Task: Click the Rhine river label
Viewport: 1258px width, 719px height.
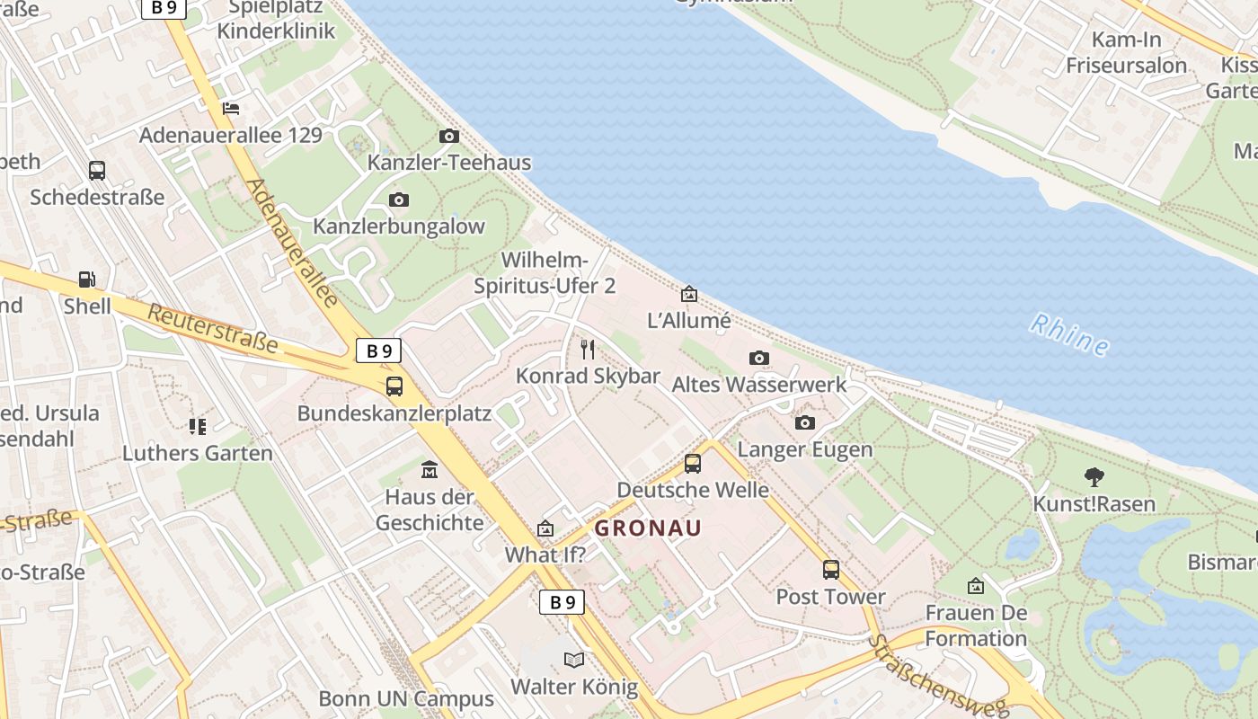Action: (1069, 333)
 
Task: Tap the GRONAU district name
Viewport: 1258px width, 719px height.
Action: (647, 528)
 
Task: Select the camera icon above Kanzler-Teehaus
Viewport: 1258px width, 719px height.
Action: (449, 137)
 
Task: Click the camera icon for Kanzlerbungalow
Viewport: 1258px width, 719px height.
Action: (399, 200)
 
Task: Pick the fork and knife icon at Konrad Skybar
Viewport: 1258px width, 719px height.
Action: (588, 349)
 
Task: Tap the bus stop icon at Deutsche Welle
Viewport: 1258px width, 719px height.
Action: (692, 464)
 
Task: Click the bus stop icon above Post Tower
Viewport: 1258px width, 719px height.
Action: (831, 569)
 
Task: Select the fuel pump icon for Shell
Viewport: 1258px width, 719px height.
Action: (87, 280)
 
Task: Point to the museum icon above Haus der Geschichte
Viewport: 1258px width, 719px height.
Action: (429, 469)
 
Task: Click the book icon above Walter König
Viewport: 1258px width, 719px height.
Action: (574, 661)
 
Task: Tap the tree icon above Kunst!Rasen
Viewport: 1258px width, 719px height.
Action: (1094, 477)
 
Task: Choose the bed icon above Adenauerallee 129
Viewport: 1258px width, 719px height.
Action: (231, 109)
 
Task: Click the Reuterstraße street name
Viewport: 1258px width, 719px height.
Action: (212, 328)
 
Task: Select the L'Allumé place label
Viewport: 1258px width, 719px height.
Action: (689, 321)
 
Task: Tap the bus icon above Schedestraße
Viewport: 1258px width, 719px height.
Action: (97, 170)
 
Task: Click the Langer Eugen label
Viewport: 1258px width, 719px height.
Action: (804, 449)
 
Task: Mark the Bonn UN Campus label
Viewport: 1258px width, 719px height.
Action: (406, 699)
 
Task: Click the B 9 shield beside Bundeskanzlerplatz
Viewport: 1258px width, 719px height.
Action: (378, 351)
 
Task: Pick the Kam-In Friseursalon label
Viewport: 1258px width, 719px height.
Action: (1127, 52)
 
